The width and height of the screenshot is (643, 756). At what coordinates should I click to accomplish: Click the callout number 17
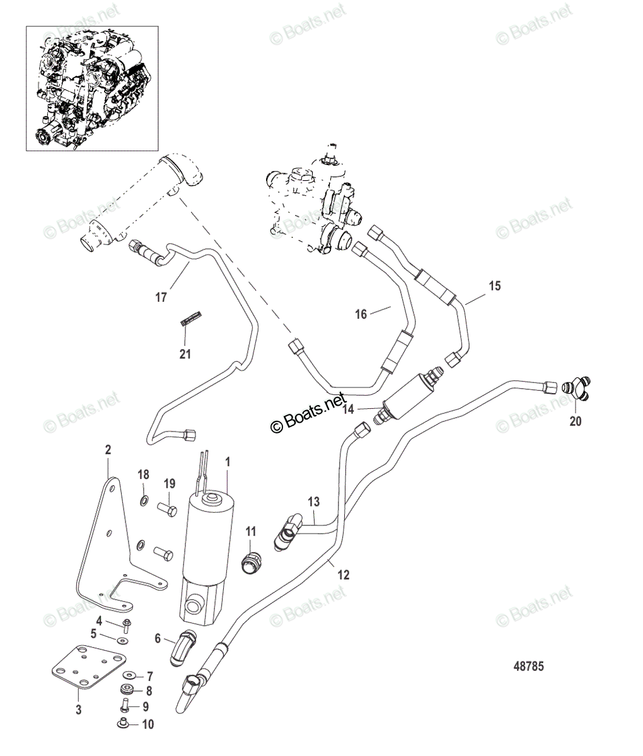(x=161, y=297)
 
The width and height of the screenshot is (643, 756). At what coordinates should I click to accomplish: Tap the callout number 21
(x=184, y=354)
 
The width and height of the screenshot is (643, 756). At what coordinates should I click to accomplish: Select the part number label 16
(x=361, y=314)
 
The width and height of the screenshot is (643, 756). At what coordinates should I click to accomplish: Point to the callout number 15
(x=494, y=286)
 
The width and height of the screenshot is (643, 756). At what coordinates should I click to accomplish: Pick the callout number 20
(x=575, y=421)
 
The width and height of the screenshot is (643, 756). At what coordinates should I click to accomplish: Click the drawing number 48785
(x=527, y=667)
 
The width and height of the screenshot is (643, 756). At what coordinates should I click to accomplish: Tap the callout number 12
(x=343, y=575)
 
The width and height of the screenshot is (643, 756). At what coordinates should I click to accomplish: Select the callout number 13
(x=314, y=502)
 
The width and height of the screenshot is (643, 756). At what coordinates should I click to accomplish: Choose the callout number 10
(x=148, y=724)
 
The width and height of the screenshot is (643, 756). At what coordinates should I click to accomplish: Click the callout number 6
(x=158, y=638)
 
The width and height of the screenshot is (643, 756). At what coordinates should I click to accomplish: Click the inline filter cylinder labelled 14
(x=406, y=395)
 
